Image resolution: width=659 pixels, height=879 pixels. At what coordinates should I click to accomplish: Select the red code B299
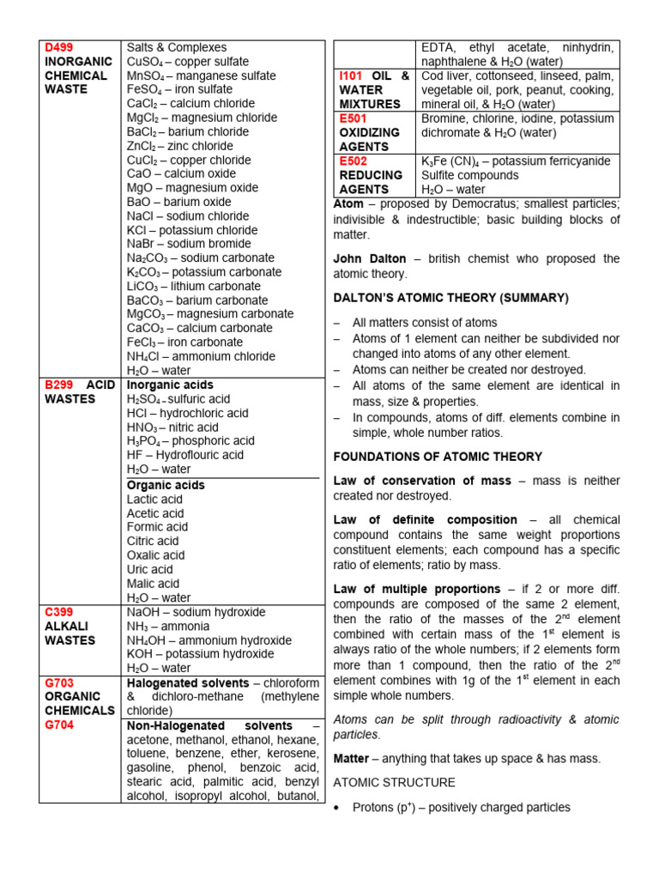point(59,385)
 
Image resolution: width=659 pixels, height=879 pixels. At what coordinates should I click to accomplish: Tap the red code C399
point(59,612)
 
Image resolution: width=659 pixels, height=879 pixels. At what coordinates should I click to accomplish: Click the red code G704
point(59,724)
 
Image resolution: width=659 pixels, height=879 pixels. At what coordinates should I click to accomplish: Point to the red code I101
point(354,76)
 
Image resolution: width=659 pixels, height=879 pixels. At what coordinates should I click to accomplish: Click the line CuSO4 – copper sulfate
point(188,62)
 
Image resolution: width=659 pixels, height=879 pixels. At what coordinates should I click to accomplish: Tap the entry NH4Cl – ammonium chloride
point(201,355)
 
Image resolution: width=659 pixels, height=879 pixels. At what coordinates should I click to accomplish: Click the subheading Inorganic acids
point(170,385)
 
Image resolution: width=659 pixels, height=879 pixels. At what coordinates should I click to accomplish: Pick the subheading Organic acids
point(166,485)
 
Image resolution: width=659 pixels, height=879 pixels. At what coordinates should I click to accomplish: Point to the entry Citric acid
point(153,541)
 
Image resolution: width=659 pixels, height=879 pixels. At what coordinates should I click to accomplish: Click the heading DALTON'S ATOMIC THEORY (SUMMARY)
point(450,298)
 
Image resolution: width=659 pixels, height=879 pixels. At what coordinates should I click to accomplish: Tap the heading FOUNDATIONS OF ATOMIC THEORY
point(438,457)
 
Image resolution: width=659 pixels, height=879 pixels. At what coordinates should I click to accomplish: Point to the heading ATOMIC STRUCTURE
point(394,783)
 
